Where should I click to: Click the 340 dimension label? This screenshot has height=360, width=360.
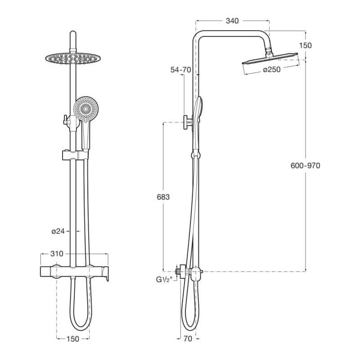232,21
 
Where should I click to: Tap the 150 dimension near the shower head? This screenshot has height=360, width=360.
305,45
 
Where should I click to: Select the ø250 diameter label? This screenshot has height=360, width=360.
272,69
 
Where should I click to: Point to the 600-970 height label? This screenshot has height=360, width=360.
305,166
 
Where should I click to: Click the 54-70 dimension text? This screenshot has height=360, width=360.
181,70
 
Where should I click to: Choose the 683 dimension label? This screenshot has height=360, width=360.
163,197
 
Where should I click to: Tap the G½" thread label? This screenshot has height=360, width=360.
164,279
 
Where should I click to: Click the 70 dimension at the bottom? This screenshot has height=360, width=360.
188,339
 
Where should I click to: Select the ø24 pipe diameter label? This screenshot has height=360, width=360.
58,231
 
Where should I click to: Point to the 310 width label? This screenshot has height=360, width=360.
57,254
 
